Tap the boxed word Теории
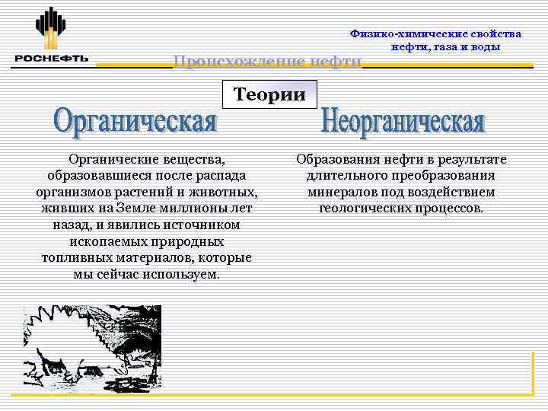click(x=269, y=94)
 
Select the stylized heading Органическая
click(x=136, y=122)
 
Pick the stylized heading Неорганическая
click(x=403, y=122)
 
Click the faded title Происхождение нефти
click(x=267, y=61)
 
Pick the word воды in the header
click(x=486, y=46)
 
